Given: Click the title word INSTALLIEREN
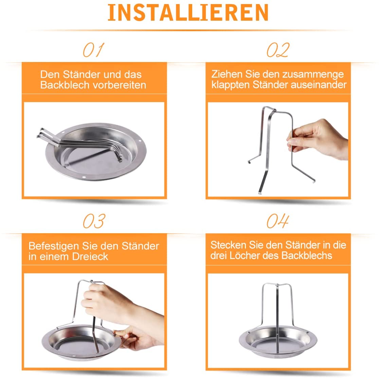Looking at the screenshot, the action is (x=188, y=13).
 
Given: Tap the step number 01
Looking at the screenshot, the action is (x=93, y=50).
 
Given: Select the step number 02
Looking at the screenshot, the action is (x=278, y=50).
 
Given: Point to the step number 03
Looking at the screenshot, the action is (x=94, y=221).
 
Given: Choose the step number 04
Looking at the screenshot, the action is (x=278, y=221).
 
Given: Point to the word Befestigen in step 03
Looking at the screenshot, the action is (x=54, y=246).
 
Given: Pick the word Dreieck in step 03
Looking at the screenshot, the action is (x=90, y=256).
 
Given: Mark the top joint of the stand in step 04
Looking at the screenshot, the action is (x=277, y=285).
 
